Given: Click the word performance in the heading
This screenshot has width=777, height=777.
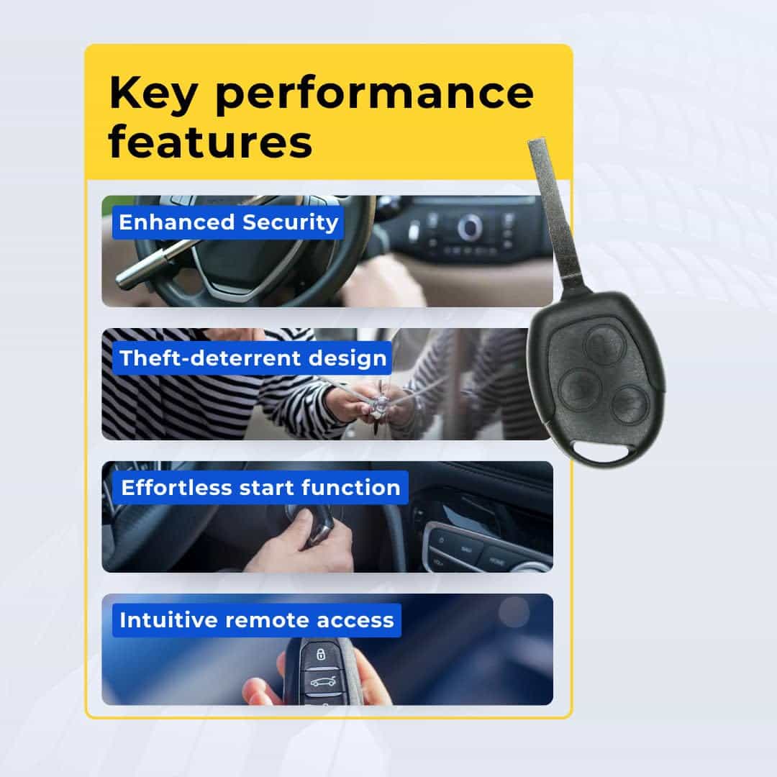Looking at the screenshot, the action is pyautogui.click(x=375, y=95).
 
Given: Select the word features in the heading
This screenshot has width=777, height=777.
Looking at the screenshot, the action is pyautogui.click(x=210, y=142).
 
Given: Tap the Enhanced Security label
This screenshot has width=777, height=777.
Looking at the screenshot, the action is pyautogui.click(x=228, y=222).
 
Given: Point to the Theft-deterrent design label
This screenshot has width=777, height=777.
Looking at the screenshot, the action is pyautogui.click(x=253, y=358).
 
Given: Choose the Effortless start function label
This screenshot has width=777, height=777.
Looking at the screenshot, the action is pyautogui.click(x=260, y=488).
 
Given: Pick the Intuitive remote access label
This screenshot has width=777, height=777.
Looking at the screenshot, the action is pyautogui.click(x=257, y=620).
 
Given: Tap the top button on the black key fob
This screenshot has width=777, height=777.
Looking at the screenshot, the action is pyautogui.click(x=603, y=345).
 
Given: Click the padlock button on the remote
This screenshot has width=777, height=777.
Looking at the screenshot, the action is pyautogui.click(x=321, y=654).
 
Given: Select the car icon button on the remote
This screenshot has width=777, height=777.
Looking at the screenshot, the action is pyautogui.click(x=322, y=682).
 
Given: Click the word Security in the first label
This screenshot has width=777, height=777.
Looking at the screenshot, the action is pyautogui.click(x=291, y=222).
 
